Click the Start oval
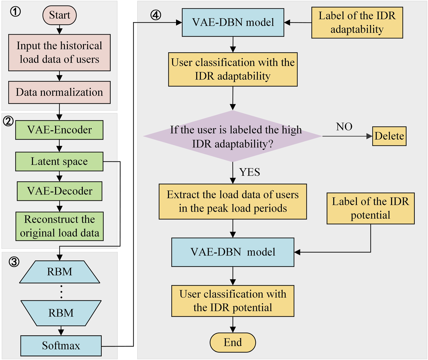(x=59, y=15)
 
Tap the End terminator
(x=233, y=342)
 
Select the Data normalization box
(x=59, y=92)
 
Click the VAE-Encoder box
(x=59, y=130)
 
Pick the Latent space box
(x=59, y=162)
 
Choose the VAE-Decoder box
(x=59, y=191)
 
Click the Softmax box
(x=61, y=346)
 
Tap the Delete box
(x=389, y=136)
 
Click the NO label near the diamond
(x=344, y=127)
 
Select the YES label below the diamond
(x=249, y=172)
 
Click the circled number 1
(x=15, y=12)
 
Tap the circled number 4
(x=156, y=15)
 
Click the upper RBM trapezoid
(x=59, y=272)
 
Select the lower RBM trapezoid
(x=61, y=313)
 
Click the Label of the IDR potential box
(x=370, y=208)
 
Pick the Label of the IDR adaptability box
(x=357, y=23)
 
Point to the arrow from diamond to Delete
(x=347, y=136)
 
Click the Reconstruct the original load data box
(x=59, y=226)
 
